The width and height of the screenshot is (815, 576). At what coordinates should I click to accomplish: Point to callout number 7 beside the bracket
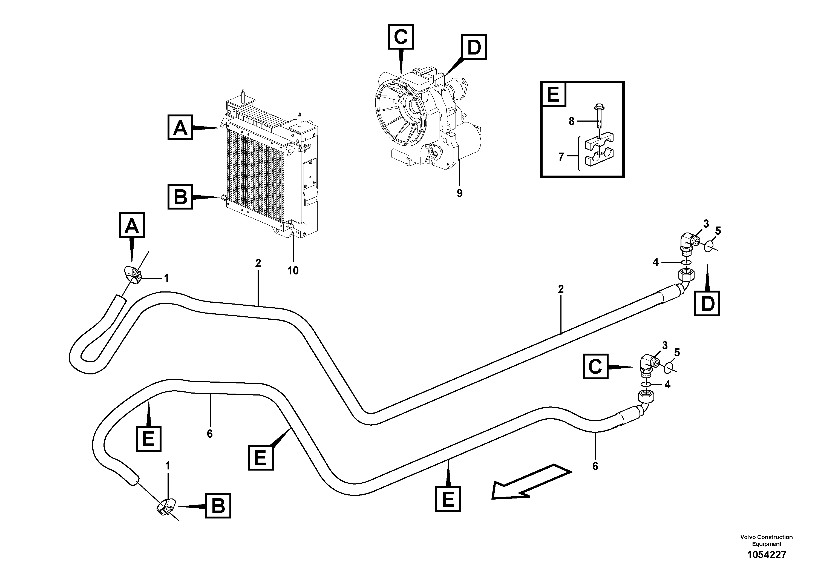pyautogui.click(x=561, y=157)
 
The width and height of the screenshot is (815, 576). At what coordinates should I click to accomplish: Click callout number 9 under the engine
pyautogui.click(x=459, y=194)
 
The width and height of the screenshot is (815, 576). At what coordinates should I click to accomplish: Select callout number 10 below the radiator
pyautogui.click(x=293, y=271)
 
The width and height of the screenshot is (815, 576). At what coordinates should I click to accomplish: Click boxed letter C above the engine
pyautogui.click(x=401, y=37)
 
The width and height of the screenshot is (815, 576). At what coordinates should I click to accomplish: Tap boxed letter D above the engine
pyautogui.click(x=474, y=47)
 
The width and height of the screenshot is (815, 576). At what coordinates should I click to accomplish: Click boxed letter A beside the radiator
pyautogui.click(x=180, y=127)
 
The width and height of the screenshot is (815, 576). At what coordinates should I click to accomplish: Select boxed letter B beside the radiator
pyautogui.click(x=180, y=196)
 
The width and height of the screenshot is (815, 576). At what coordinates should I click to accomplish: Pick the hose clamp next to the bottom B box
pyautogui.click(x=165, y=507)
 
